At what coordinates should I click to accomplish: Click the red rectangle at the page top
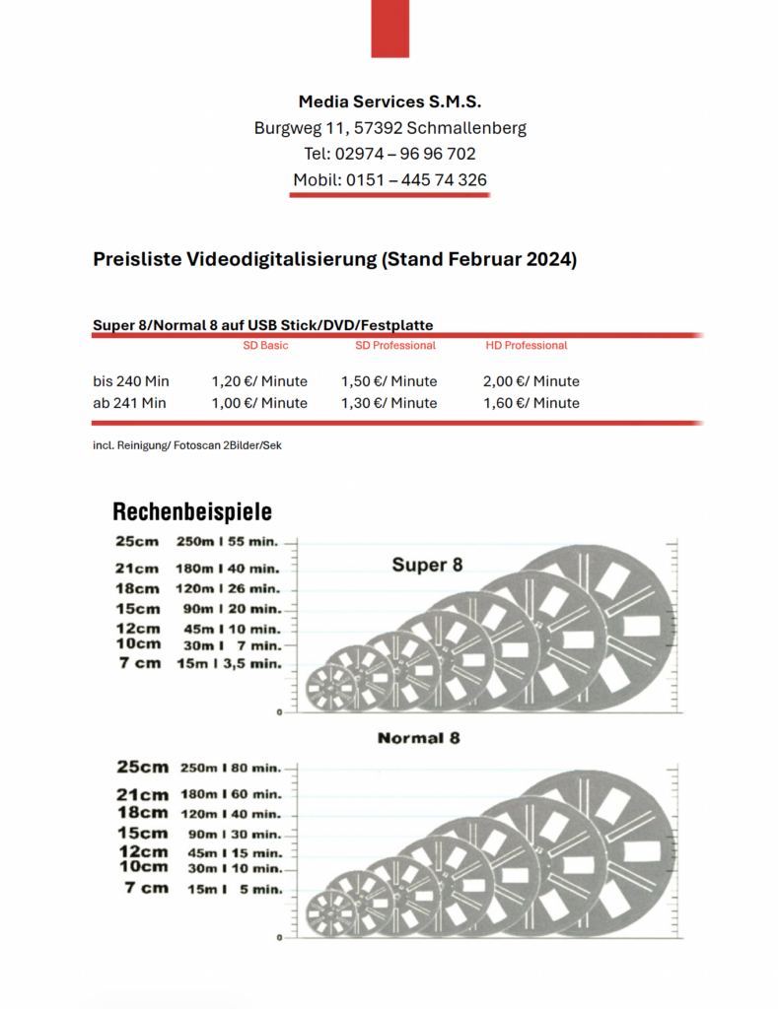[x=389, y=28]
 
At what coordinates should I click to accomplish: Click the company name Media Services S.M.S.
[x=389, y=101]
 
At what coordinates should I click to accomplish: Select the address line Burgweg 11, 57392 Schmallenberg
[x=389, y=128]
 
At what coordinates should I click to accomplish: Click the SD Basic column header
[x=265, y=346]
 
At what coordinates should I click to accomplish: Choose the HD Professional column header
[x=527, y=346]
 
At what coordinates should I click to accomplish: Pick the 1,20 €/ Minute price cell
[x=259, y=381]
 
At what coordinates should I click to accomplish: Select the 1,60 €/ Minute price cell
[x=531, y=403]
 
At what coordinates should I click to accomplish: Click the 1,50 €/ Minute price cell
[x=389, y=381]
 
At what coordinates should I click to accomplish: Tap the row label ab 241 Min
[x=129, y=403]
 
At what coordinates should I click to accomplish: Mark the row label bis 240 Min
[x=131, y=381]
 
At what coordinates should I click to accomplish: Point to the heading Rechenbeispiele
[x=192, y=512]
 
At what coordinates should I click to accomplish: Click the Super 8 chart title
[x=427, y=566]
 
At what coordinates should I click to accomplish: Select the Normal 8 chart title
[x=418, y=738]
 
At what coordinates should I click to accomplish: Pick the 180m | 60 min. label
[x=230, y=794]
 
